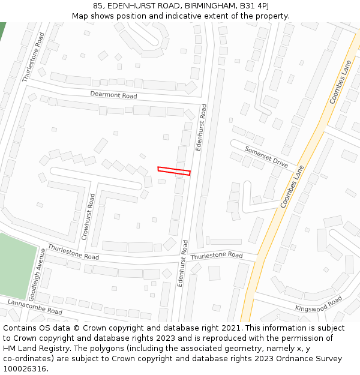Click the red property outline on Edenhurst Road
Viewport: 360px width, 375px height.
point(174,171)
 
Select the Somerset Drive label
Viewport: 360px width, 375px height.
point(266,157)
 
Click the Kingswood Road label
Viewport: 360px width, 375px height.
point(319,304)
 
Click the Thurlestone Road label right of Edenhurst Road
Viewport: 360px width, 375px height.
point(217,256)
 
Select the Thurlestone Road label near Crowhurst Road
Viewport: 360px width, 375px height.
point(73,252)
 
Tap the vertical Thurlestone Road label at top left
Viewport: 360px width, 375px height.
point(34,58)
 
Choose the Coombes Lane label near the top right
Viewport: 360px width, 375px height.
point(339,82)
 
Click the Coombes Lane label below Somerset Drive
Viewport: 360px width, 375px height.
point(292,187)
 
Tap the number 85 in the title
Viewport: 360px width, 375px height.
point(98,5)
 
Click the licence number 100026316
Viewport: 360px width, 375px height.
point(25,369)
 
